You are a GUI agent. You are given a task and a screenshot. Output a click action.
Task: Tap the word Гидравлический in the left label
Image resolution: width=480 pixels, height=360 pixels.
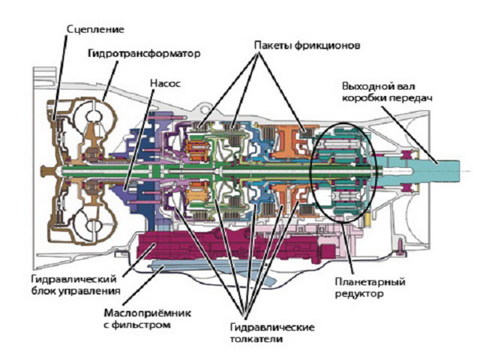75,277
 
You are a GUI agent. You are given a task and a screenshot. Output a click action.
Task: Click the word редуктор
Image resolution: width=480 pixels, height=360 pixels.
362,295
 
